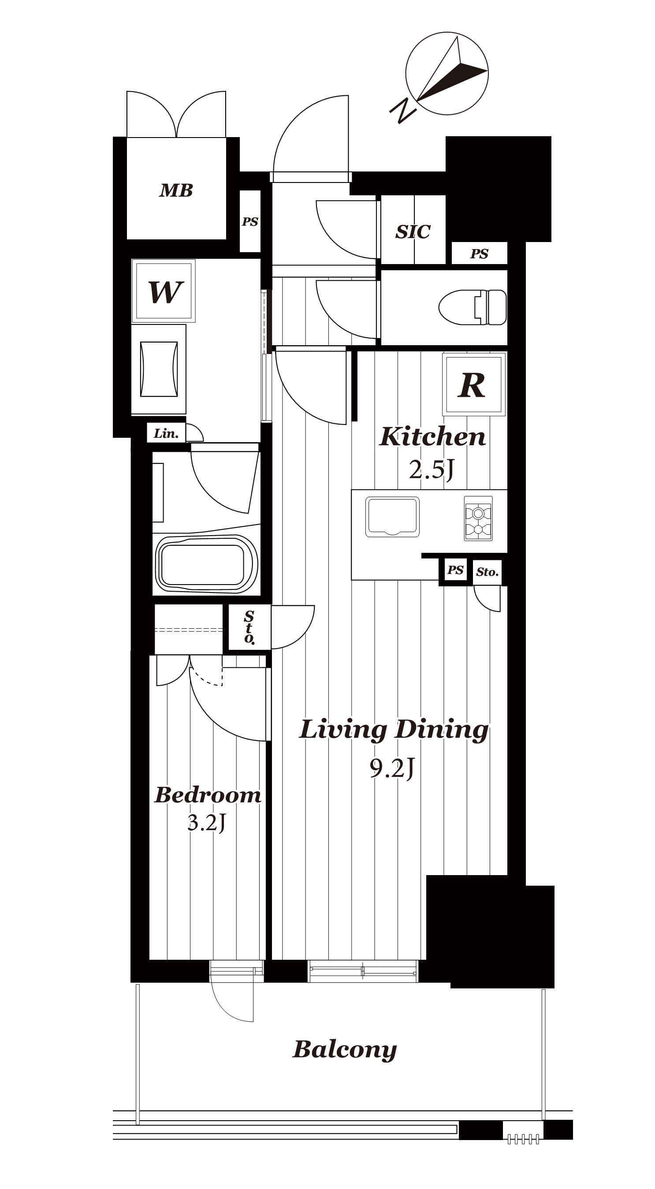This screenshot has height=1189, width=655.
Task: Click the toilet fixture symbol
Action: [x=472, y=307]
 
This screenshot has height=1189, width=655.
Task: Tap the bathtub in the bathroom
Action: [x=206, y=564]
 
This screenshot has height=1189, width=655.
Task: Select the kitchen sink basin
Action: [x=392, y=517]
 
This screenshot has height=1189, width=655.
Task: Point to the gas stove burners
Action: [x=478, y=518]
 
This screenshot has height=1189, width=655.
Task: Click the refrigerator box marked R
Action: [x=473, y=384]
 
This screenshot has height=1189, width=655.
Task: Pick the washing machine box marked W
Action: [x=164, y=291]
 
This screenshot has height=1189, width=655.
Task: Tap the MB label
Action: [x=176, y=190]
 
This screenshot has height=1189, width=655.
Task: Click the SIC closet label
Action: [x=413, y=232]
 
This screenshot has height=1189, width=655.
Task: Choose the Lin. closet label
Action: [x=166, y=433]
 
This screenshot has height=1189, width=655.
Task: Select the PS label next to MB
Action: [x=250, y=222]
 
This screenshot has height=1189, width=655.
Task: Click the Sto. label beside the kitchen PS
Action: [x=488, y=572]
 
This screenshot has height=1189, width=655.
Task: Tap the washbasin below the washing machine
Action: [x=159, y=369]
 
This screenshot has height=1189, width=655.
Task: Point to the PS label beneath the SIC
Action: [x=479, y=254]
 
